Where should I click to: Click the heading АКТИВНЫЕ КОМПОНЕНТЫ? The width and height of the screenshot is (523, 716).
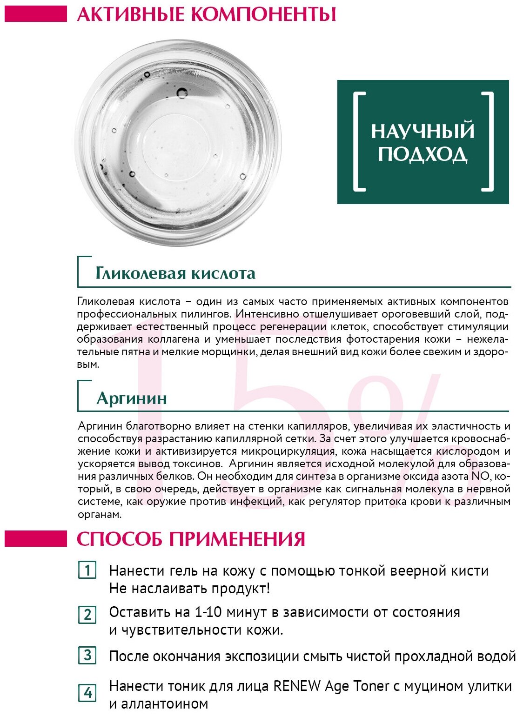tap(206, 14)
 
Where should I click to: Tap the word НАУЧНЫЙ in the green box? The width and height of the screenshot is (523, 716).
tap(422, 131)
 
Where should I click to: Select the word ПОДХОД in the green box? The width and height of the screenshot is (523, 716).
tap(422, 154)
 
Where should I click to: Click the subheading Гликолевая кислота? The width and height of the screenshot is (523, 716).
tap(175, 273)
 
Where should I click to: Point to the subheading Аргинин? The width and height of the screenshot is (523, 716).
tap(132, 398)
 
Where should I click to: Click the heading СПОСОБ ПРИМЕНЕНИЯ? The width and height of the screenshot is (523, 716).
tap(191, 539)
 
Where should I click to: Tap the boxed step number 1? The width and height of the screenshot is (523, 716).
tap(87, 570)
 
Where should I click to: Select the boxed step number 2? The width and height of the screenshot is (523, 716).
tap(87, 615)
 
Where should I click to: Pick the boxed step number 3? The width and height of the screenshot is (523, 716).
tap(87, 656)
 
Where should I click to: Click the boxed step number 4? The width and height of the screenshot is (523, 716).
tap(87, 693)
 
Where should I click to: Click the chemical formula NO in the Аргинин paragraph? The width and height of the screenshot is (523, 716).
tap(480, 477)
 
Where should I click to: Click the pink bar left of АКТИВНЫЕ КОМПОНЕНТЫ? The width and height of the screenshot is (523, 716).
tap(36, 13)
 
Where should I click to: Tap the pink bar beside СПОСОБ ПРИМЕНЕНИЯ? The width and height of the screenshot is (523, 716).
tap(36, 539)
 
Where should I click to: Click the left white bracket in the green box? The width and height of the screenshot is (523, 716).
tap(359, 142)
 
